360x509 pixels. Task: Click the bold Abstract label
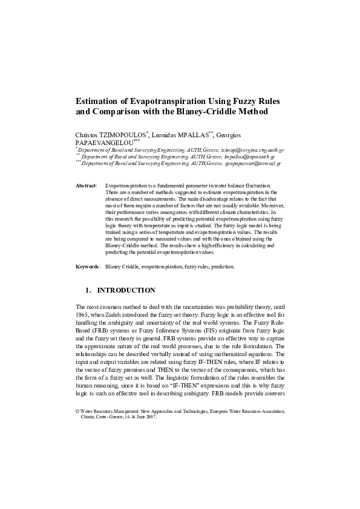click(85, 185)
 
